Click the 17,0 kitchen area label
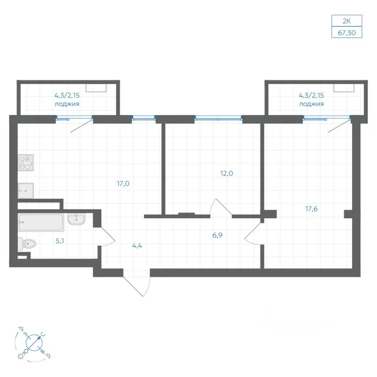[x=123, y=184]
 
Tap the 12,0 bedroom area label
[x=227, y=173]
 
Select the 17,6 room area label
[x=311, y=209]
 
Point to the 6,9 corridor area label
[x=217, y=235]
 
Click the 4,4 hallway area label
[x=137, y=246]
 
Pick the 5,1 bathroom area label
[x=60, y=241]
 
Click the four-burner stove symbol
[x=26, y=163]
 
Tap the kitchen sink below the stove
[x=26, y=191]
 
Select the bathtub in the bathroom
[x=41, y=222]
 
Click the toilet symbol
[x=27, y=244]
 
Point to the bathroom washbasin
[x=76, y=219]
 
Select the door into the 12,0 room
[x=221, y=207]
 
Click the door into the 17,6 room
[x=253, y=234]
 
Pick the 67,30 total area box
[x=347, y=33]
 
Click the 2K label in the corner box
[x=347, y=21]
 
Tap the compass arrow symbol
[x=35, y=342]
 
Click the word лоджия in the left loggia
[x=67, y=104]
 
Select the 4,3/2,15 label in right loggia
[x=311, y=95]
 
